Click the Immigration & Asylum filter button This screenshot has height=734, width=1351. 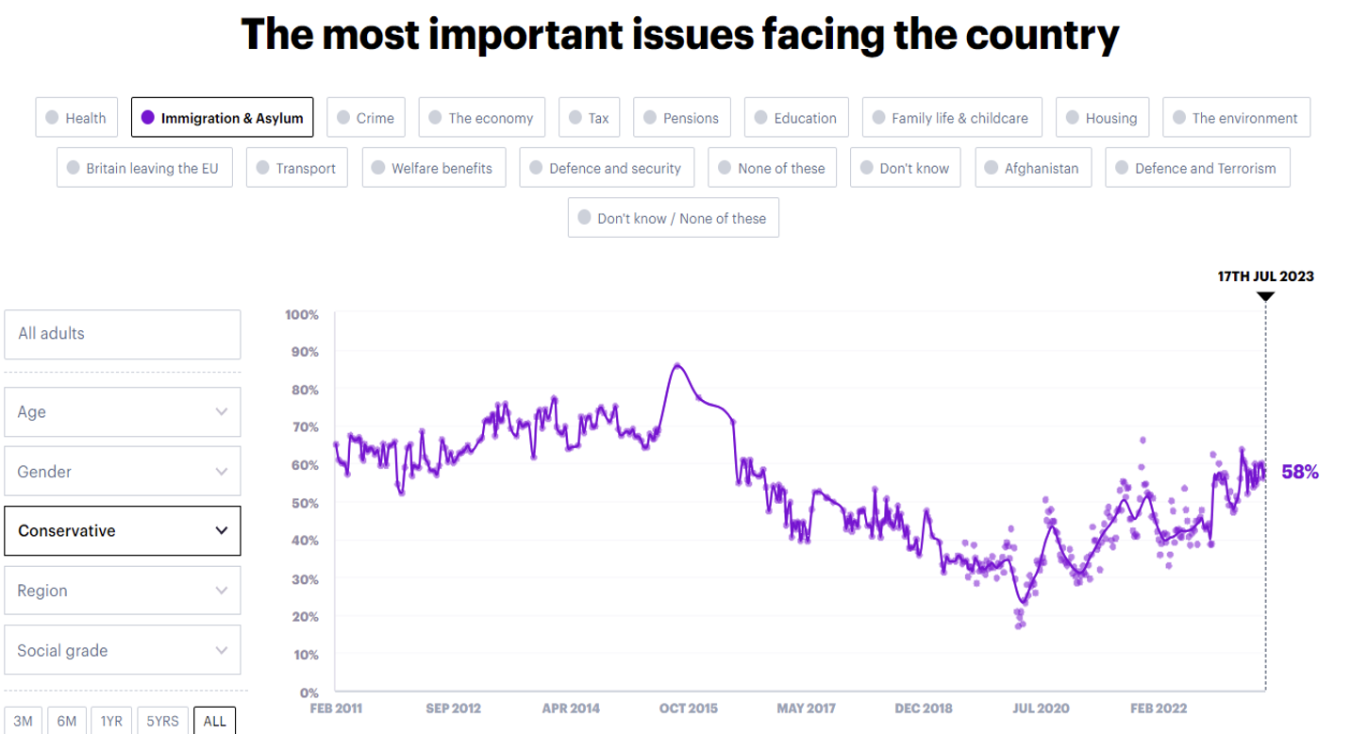point(222,118)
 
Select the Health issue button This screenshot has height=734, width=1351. point(76,118)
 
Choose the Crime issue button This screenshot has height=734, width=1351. point(366,118)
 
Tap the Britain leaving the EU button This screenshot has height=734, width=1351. point(144,168)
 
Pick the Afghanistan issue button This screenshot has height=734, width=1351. point(1033,168)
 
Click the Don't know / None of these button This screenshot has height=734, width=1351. point(673,218)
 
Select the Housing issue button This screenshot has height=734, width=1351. point(1102,118)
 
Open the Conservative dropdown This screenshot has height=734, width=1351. point(123,530)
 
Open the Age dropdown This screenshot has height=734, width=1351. point(123,411)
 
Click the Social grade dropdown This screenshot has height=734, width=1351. point(123,650)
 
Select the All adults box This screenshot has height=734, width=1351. point(123,334)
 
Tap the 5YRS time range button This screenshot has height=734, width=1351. point(162,721)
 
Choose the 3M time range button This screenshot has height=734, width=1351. point(23,721)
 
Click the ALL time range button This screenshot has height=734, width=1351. point(214,721)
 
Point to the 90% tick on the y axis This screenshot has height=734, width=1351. point(302,352)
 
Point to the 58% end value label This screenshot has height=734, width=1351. point(1299,472)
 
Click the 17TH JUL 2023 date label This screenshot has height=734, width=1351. point(1265,276)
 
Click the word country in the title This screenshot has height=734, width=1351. point(1045,35)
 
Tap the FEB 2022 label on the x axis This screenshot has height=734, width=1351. point(1159,708)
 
